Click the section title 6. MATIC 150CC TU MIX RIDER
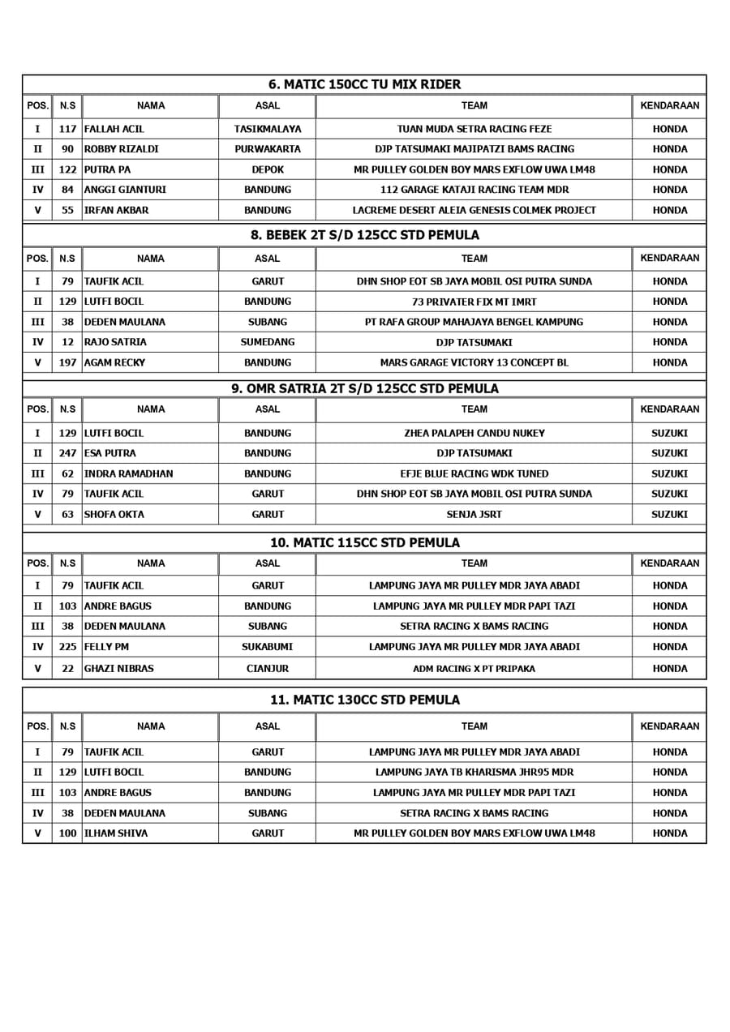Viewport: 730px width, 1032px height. (x=364, y=84)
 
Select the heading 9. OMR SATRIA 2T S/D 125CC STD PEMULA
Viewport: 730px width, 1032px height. (x=365, y=388)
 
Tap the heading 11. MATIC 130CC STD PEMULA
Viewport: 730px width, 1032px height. (x=364, y=700)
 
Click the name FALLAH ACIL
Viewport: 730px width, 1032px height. (x=114, y=129)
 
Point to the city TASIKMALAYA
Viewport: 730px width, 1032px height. (x=267, y=129)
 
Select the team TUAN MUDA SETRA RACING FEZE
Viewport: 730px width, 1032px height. (x=474, y=129)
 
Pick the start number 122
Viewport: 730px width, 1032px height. (x=67, y=169)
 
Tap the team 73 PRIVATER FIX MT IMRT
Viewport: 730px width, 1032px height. (x=474, y=302)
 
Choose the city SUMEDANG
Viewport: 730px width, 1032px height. (x=267, y=342)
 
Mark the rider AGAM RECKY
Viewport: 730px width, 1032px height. (x=114, y=362)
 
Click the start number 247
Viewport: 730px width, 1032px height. (x=67, y=453)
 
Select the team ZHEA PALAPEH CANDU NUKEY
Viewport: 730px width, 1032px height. (x=474, y=433)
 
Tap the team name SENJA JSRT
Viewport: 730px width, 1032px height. (x=474, y=514)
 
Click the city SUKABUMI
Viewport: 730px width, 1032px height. (x=267, y=647)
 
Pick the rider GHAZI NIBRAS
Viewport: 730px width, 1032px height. (x=118, y=669)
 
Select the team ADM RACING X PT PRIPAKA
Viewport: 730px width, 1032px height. (x=474, y=669)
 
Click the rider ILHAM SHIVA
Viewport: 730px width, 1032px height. (x=116, y=833)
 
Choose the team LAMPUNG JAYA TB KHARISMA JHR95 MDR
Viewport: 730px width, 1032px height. (x=474, y=773)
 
